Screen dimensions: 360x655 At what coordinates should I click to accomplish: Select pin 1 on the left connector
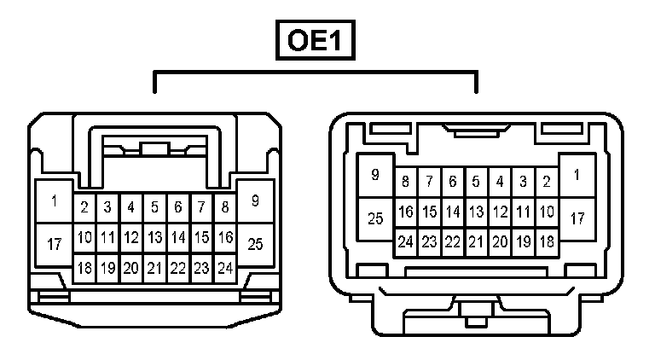[55, 202]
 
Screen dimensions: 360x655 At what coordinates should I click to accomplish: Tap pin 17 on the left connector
[55, 245]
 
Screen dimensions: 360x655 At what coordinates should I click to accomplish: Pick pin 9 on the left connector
[255, 201]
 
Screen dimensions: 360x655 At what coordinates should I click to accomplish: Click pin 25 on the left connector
[255, 244]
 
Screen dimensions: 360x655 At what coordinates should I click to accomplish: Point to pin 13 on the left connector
[154, 237]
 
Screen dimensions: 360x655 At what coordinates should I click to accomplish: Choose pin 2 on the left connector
[84, 207]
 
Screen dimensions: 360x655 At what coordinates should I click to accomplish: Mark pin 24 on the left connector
[224, 267]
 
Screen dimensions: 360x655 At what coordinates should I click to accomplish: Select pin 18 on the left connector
[84, 267]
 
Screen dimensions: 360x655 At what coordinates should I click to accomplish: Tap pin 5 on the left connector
[154, 207]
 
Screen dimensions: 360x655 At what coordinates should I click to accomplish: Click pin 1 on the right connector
[577, 176]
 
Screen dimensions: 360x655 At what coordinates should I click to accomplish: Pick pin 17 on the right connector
[577, 218]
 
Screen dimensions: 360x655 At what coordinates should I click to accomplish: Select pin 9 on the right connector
[375, 175]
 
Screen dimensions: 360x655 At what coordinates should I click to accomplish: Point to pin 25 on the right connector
[375, 218]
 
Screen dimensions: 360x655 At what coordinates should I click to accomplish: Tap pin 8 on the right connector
[405, 182]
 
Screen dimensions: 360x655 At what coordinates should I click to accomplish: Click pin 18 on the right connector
[547, 241]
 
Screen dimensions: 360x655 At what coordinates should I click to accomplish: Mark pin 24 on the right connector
[405, 241]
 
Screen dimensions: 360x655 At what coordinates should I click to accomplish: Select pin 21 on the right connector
[476, 241]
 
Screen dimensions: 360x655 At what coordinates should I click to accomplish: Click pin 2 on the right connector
[547, 182]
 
